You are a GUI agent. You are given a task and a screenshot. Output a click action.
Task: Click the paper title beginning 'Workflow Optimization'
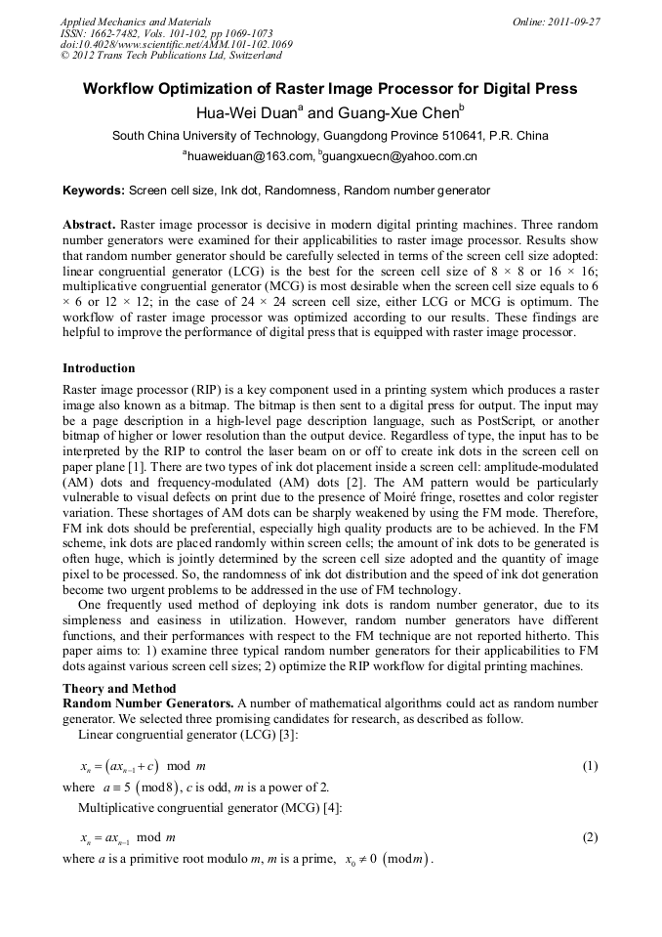pos(330,89)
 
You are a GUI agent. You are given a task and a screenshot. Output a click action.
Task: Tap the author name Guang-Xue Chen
pos(399,112)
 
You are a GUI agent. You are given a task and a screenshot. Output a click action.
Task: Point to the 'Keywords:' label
pos(94,191)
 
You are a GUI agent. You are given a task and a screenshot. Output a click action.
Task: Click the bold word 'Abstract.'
pos(90,224)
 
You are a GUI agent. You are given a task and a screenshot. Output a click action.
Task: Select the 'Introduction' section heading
pos(99,368)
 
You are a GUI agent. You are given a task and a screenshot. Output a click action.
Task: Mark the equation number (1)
pos(590,766)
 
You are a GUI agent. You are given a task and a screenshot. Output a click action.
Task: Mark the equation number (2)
pos(590,837)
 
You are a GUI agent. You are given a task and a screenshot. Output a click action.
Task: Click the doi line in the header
pos(176,44)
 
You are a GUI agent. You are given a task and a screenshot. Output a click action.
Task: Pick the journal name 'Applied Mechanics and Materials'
pos(135,21)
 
